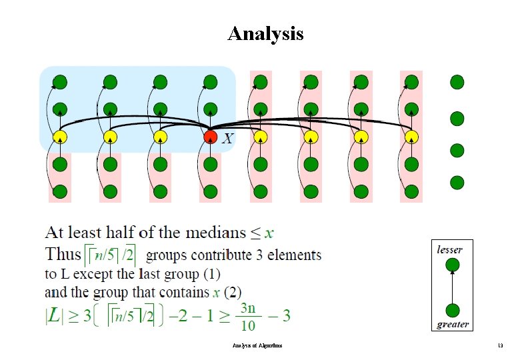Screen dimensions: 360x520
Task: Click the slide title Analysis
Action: [265, 33]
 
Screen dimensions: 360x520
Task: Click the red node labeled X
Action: [210, 137]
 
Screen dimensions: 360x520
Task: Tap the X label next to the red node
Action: [228, 139]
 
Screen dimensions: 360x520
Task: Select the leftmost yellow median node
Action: [60, 137]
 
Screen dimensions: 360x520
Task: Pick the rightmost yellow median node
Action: [411, 137]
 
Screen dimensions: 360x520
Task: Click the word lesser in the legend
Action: [449, 249]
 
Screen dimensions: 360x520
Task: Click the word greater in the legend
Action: [453, 325]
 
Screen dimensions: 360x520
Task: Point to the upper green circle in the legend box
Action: [453, 265]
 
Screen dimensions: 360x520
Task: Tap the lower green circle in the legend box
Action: [453, 309]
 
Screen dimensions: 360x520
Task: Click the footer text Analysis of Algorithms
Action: [257, 345]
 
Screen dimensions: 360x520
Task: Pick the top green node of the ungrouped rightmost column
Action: [457, 83]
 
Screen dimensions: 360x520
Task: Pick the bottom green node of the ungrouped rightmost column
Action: [457, 181]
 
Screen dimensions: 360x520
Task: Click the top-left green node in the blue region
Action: [60, 83]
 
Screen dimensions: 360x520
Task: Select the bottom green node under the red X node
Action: [210, 191]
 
